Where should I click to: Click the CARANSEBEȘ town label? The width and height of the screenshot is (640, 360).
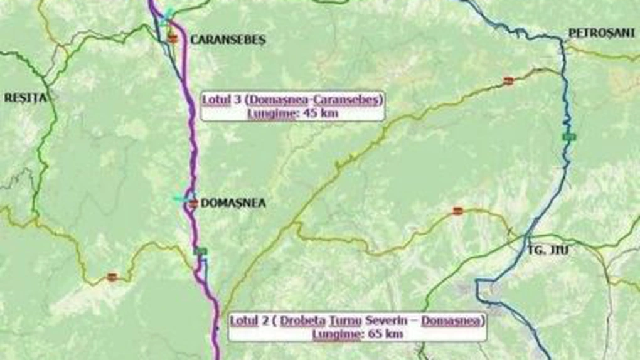228,40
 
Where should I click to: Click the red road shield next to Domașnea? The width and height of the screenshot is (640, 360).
193,203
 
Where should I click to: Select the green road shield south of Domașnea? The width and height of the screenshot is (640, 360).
201,251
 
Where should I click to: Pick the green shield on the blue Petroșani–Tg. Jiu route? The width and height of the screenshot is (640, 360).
568,136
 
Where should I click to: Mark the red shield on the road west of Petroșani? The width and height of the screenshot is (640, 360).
508,80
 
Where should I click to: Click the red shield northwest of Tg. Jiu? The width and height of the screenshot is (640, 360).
457,211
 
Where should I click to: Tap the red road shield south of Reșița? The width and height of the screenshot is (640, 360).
112,277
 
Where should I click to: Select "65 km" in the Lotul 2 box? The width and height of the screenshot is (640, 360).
385,334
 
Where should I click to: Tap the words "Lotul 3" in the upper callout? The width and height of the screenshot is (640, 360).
220,99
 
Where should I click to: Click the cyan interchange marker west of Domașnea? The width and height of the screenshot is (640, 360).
181,199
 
